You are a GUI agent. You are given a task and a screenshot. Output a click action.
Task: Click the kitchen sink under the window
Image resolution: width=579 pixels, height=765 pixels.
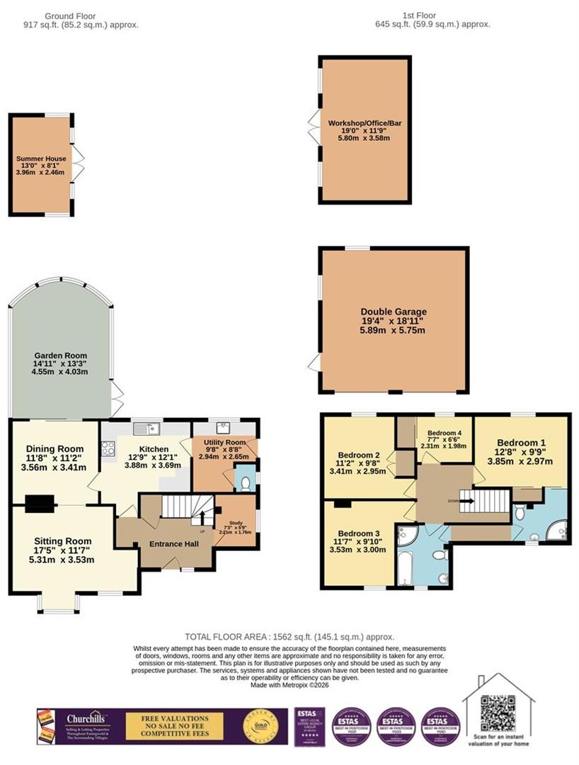[148, 427]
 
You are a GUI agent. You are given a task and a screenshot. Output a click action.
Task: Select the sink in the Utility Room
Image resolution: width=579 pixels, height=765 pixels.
[224, 426]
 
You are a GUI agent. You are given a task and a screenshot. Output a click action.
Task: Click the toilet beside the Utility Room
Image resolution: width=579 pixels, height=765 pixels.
[244, 483]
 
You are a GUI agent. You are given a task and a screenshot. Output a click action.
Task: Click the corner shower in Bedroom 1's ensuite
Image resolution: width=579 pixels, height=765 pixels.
[558, 528]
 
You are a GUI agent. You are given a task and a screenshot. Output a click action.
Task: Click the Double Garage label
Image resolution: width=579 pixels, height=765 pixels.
[394, 312]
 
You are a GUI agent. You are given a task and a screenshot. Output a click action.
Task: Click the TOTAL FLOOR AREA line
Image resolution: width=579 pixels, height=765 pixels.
[289, 637]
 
